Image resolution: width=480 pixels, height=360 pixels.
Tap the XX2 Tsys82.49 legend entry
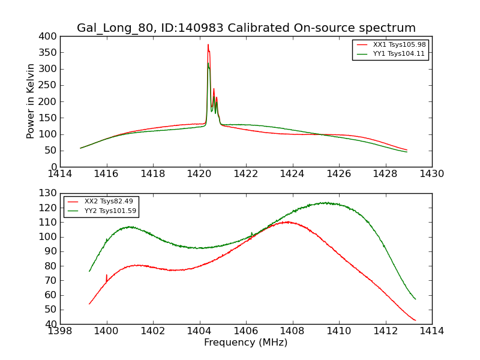tap(109, 201)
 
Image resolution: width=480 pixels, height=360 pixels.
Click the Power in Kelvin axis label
tap(31, 101)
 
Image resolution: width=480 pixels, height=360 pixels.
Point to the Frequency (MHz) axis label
tap(246, 343)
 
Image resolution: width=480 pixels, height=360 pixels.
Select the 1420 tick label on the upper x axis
tap(200, 174)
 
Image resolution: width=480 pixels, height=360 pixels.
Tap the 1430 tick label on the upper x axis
tap(432, 174)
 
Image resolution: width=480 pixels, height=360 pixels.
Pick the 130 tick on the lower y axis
tap(48, 193)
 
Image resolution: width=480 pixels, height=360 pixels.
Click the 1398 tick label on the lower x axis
tap(60, 331)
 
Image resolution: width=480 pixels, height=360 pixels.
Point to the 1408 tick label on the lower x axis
tap(292, 331)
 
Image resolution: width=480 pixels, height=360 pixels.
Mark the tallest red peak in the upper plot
tap(208, 44)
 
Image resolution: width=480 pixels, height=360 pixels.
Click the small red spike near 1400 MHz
tap(107, 275)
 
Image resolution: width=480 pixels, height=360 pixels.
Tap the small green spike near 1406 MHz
tap(251, 233)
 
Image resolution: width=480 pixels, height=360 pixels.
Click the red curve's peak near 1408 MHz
tap(288, 222)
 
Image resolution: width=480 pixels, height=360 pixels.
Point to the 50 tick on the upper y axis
tap(50, 151)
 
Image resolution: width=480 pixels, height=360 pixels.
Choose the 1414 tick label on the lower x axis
tap(432, 331)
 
